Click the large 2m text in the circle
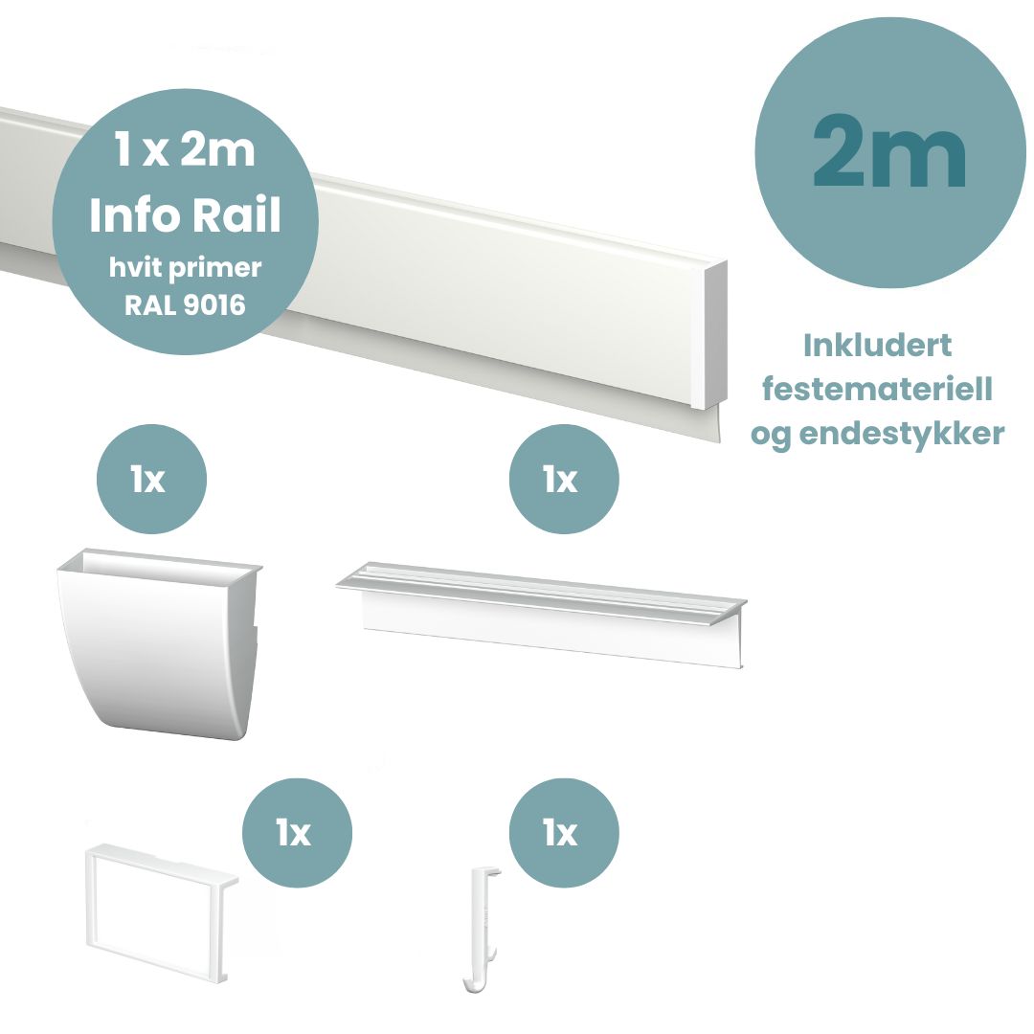coord(889,152)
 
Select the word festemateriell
coord(876,390)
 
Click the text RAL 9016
coord(184,306)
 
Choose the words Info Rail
coord(185,215)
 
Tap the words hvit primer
coord(184,269)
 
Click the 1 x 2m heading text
coord(185,151)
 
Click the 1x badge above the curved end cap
coord(151,479)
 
